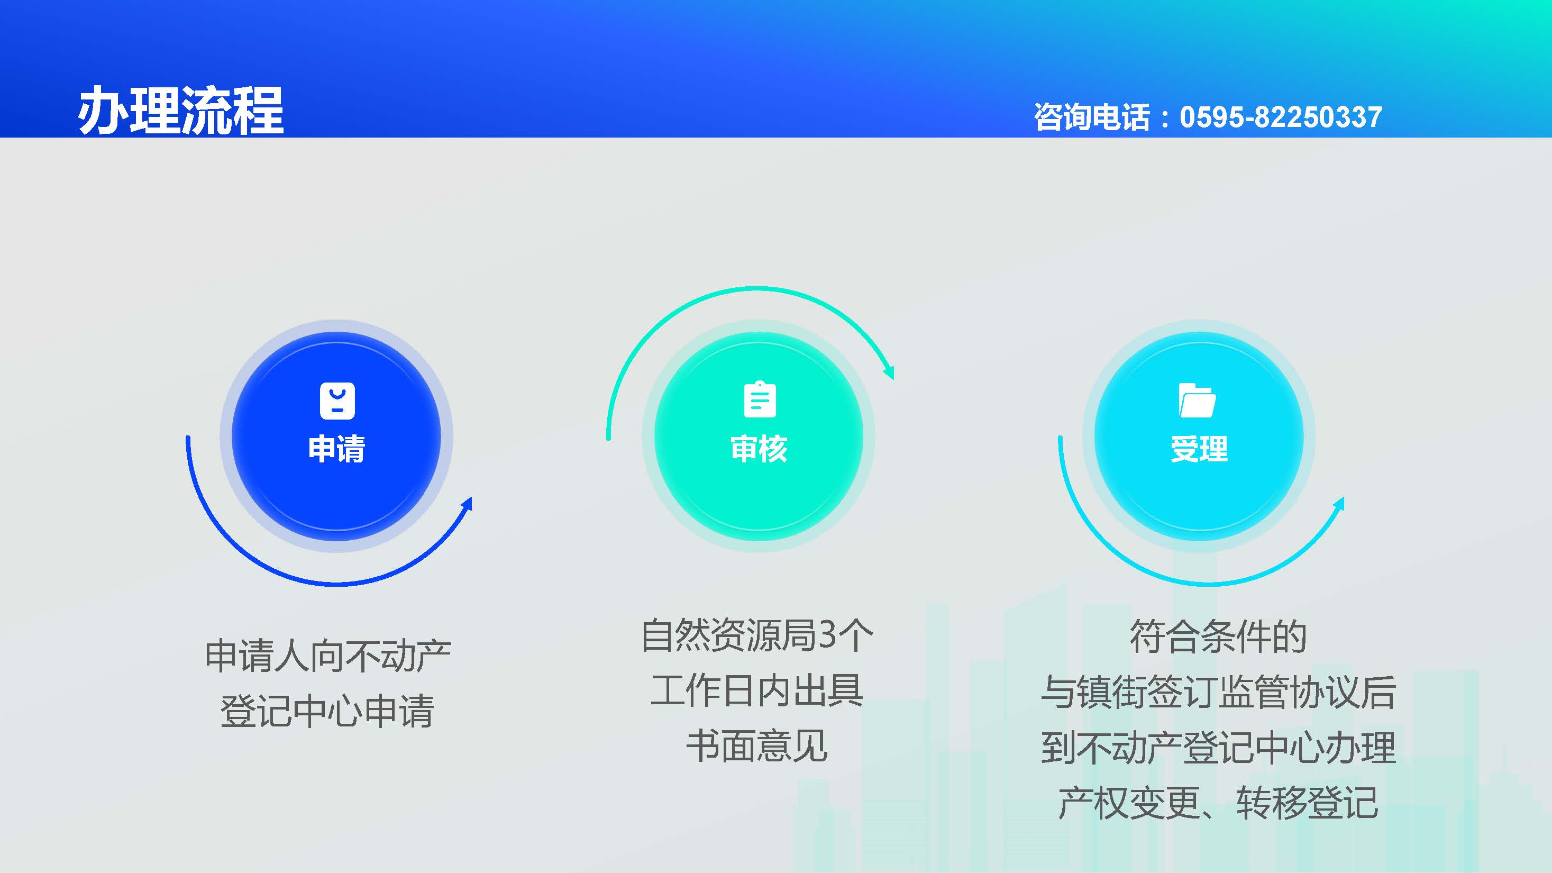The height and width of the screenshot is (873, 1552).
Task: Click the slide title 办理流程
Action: pyautogui.click(x=181, y=110)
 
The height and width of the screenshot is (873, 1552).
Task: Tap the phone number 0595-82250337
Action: pyautogui.click(x=1280, y=117)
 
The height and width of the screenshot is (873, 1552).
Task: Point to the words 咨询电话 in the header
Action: pyautogui.click(x=1092, y=117)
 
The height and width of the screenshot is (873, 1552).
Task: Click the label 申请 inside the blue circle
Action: pyautogui.click(x=336, y=449)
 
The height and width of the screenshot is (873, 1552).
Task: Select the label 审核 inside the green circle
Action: pyautogui.click(x=759, y=449)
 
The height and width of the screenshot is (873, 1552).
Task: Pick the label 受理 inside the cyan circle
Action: pyautogui.click(x=1199, y=449)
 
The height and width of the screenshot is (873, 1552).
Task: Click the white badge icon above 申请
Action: pyautogui.click(x=337, y=401)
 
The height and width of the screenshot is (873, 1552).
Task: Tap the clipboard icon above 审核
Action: pyautogui.click(x=760, y=399)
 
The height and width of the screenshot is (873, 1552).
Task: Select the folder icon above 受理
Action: pyautogui.click(x=1197, y=400)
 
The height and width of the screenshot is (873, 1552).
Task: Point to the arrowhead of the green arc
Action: pyautogui.click(x=889, y=372)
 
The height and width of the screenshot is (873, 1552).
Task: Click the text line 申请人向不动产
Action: pyautogui.click(x=328, y=656)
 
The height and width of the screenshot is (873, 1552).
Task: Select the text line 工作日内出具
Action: pyautogui.click(x=757, y=690)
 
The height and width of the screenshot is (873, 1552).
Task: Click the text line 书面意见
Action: pyautogui.click(x=757, y=746)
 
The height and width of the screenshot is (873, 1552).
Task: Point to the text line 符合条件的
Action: pyautogui.click(x=1218, y=636)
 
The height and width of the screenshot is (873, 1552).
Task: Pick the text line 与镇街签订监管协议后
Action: pyautogui.click(x=1218, y=692)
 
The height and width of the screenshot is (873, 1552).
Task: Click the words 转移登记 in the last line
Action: pyautogui.click(x=1308, y=803)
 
